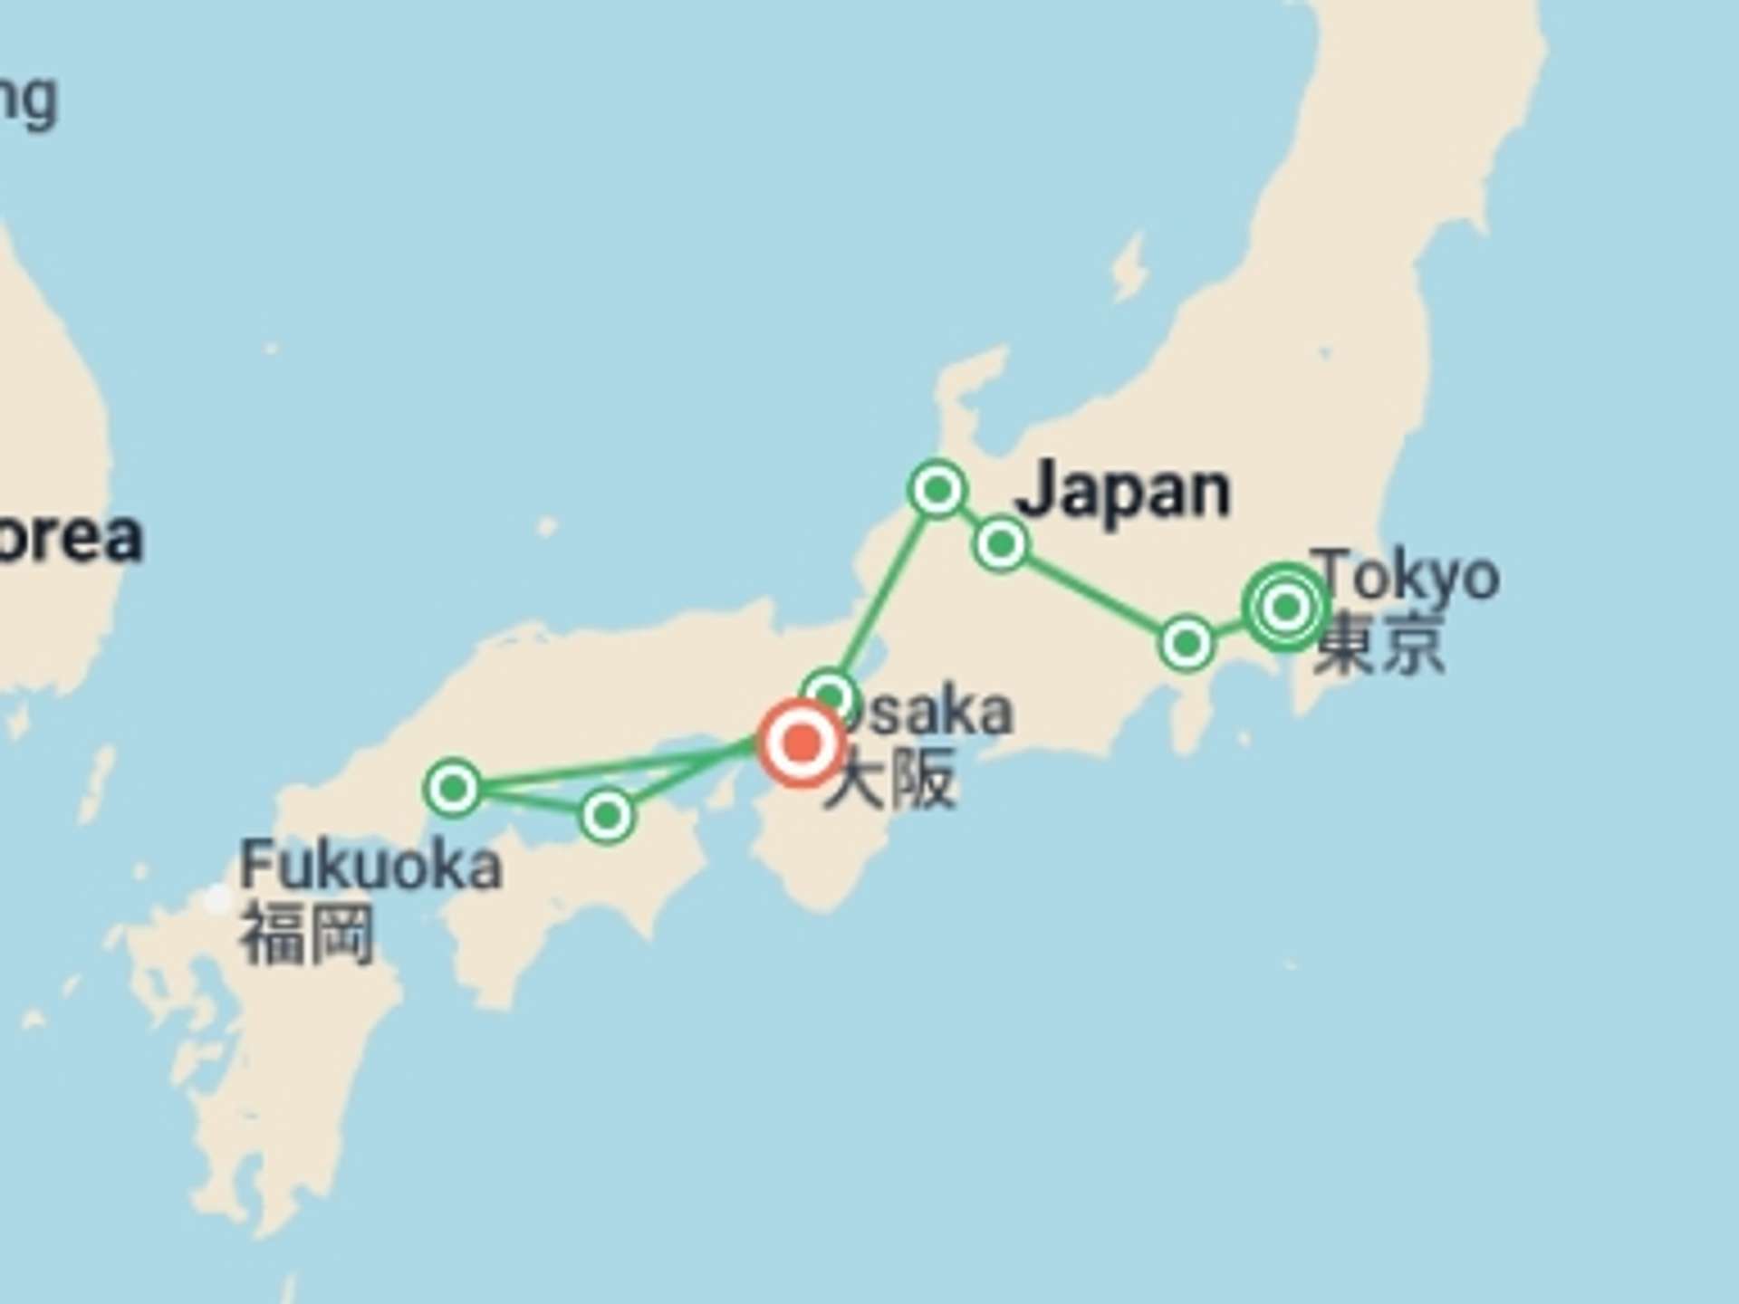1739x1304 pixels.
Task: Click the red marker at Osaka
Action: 801,743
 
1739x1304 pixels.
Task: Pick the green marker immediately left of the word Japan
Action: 1001,544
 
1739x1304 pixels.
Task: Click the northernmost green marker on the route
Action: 937,490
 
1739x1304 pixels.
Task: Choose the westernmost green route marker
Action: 453,788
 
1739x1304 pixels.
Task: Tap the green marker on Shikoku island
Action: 607,816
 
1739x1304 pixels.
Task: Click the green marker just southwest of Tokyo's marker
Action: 1187,644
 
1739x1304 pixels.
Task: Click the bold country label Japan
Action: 1123,491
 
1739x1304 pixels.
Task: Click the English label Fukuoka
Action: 370,867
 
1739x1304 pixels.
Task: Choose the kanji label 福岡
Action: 307,934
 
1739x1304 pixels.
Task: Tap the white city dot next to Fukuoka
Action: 217,899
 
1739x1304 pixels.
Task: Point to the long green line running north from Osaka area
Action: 883,593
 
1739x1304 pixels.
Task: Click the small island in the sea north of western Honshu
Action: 546,526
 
